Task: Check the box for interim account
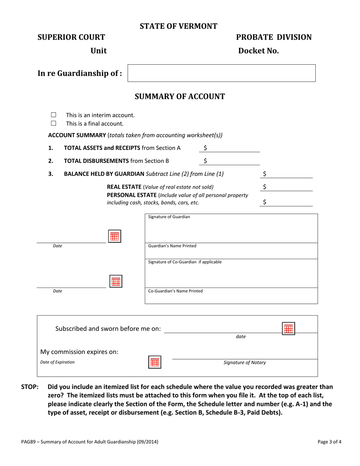(53, 115)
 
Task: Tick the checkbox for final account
(53, 123)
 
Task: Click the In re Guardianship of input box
(222, 73)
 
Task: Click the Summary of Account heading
(180, 97)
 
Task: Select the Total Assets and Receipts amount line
(231, 148)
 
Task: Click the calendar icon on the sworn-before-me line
(288, 328)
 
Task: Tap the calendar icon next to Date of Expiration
(154, 362)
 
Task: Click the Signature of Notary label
(245, 363)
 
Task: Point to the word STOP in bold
(30, 387)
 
